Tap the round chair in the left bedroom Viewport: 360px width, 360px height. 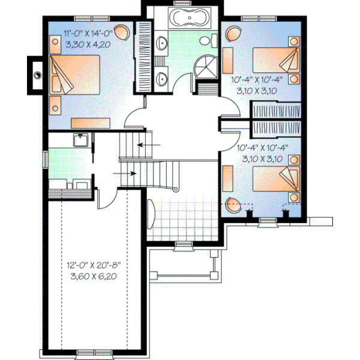pyautogui.click(x=122, y=31)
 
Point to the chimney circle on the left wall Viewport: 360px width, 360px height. pyautogui.click(x=37, y=76)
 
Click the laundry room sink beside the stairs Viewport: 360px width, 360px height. pyautogui.click(x=80, y=141)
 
